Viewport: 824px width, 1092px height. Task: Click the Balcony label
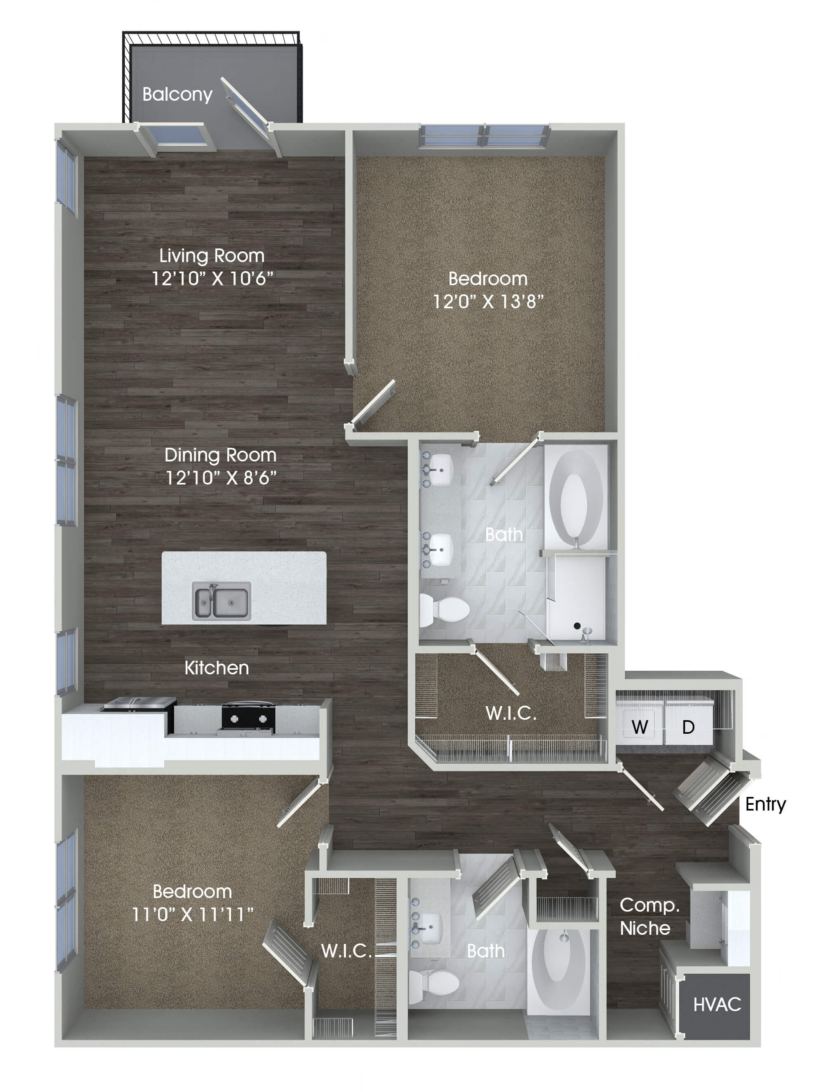pyautogui.click(x=177, y=94)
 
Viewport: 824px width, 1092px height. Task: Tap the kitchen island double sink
pyautogui.click(x=221, y=601)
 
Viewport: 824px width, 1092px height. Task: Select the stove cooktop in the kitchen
pyautogui.click(x=248, y=716)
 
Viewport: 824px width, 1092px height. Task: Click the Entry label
pyautogui.click(x=765, y=804)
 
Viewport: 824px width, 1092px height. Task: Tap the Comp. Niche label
pyautogui.click(x=648, y=916)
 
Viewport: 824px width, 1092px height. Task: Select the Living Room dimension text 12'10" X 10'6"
pyautogui.click(x=212, y=279)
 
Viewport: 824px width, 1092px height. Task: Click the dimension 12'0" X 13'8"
pyautogui.click(x=488, y=301)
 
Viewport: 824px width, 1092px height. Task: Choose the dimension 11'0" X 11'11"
pyautogui.click(x=193, y=914)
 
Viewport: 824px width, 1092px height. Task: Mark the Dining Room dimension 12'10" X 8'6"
pyautogui.click(x=221, y=477)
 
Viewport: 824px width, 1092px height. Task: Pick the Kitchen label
pyautogui.click(x=217, y=668)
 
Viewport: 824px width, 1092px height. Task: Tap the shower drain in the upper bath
pyautogui.click(x=577, y=626)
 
